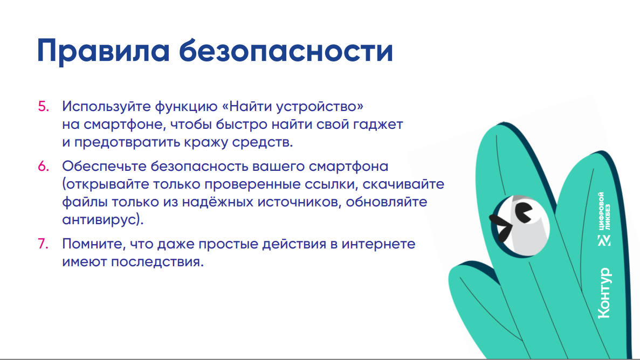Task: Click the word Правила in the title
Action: click(103, 51)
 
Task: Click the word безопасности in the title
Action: click(286, 50)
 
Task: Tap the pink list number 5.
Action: click(43, 107)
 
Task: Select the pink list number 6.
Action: click(43, 167)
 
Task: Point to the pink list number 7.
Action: click(43, 244)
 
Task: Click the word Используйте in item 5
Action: click(106, 107)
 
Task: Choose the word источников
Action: click(297, 202)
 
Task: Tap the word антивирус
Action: click(100, 220)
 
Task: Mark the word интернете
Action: click(379, 244)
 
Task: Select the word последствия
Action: click(157, 262)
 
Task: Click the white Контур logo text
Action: click(604, 293)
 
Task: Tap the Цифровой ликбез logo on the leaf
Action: click(604, 219)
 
